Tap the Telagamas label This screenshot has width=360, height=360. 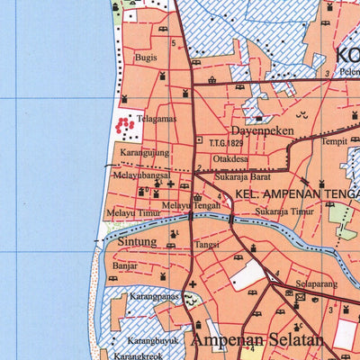pos(156,118)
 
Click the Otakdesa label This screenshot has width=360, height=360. pos(230,159)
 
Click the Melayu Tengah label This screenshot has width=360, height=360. pos(190,205)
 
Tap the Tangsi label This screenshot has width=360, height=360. pos(208,244)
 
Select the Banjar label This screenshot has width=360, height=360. pos(125,266)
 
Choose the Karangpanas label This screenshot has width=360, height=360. pos(150,295)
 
